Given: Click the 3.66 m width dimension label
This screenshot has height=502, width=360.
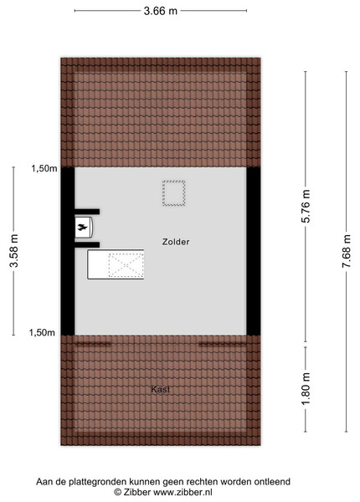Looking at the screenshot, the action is pyautogui.click(x=160, y=11).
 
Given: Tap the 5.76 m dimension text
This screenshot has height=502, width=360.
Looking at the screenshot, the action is pyautogui.click(x=306, y=206).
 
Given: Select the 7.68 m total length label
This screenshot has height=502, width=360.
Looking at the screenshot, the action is pyautogui.click(x=347, y=251).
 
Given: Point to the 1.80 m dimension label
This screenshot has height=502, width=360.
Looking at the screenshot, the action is pyautogui.click(x=306, y=388).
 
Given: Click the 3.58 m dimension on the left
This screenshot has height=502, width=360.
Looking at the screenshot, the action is pyautogui.click(x=13, y=251).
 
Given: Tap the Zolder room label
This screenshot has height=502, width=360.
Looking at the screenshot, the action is pyautogui.click(x=176, y=242).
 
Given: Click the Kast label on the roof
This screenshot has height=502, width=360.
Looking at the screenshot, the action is pyautogui.click(x=161, y=389).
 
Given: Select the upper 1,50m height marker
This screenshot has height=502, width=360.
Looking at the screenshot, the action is pyautogui.click(x=44, y=168).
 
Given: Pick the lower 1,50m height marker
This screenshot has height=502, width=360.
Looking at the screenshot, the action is pyautogui.click(x=42, y=332).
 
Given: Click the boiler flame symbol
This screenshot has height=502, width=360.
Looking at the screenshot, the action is pyautogui.click(x=82, y=228).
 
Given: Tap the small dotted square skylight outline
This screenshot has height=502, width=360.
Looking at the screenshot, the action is pyautogui.click(x=174, y=193).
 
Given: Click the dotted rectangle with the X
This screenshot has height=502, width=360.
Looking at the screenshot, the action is pyautogui.click(x=126, y=264).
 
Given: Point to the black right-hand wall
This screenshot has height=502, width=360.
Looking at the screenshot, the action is pyautogui.click(x=254, y=251).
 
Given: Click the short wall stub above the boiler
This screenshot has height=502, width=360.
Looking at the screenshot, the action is pyautogui.click(x=87, y=212).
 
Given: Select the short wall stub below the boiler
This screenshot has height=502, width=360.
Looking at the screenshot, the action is pyautogui.click(x=87, y=245).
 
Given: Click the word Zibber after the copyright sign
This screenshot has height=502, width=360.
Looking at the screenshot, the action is pyautogui.click(x=137, y=492).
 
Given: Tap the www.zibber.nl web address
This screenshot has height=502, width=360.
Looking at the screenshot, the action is pyautogui.click(x=183, y=492).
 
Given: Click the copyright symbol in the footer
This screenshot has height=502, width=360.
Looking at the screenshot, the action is pyautogui.click(x=117, y=492).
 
